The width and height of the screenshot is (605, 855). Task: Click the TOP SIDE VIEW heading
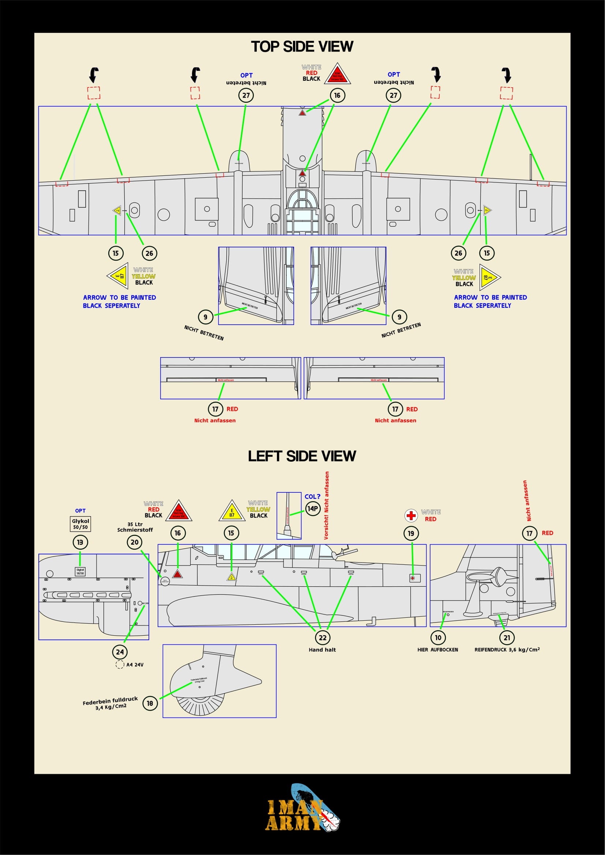pos(302,47)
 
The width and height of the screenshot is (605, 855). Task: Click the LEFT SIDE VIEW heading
pos(302,456)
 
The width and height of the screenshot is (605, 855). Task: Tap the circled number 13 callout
pos(80,542)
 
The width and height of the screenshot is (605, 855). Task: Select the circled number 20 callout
pos(135,542)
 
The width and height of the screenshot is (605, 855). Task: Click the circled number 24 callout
pos(120,652)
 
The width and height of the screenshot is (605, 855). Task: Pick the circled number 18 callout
pos(150,703)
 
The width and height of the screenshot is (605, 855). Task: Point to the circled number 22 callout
pos(323,638)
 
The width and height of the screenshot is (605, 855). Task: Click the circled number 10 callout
pos(438,638)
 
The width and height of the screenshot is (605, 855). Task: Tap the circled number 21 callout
pos(507,638)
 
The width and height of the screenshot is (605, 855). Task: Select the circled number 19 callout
pos(411,533)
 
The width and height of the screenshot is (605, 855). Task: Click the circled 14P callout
pos(312,509)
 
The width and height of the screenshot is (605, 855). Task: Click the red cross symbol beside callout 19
pos(411,516)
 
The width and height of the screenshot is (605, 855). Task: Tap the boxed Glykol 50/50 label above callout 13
pos(80,524)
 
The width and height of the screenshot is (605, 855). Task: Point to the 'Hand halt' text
pos(322,650)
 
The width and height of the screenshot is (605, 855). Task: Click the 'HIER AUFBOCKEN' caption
pos(438,650)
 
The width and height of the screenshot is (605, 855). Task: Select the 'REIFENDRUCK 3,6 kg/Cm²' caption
pos(507,650)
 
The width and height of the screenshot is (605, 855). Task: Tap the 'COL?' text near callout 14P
pos(312,497)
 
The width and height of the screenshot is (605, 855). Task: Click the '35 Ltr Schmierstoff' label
pos(135,527)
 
